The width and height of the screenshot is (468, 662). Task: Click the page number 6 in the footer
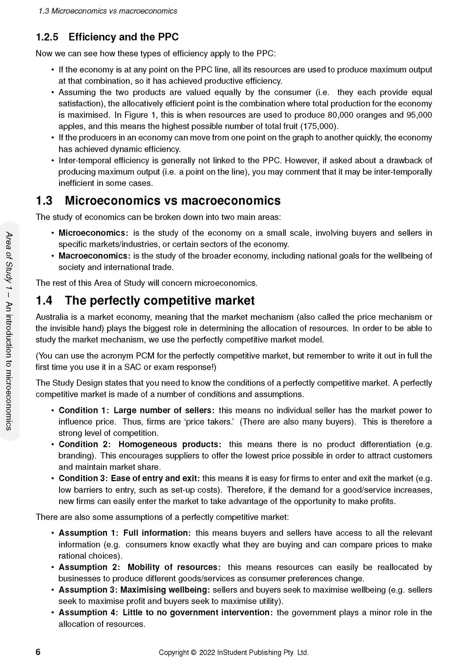pyautogui.click(x=38, y=652)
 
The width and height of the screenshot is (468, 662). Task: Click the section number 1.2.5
pyautogui.click(x=47, y=37)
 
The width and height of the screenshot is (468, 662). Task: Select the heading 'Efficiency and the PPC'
pyautogui.click(x=123, y=37)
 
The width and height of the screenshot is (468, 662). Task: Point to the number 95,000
pyautogui.click(x=419, y=115)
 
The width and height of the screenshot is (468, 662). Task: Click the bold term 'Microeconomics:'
pyautogui.click(x=93, y=233)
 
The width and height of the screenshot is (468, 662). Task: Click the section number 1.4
pyautogui.click(x=44, y=301)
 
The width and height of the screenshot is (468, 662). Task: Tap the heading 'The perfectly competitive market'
pyautogui.click(x=160, y=301)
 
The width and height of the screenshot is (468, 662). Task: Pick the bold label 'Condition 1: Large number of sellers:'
pyautogui.click(x=137, y=411)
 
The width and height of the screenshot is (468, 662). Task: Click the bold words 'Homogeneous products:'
pyautogui.click(x=170, y=445)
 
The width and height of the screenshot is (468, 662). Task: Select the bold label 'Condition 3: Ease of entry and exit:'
pyautogui.click(x=129, y=479)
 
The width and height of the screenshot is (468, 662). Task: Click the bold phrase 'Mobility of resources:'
pyautogui.click(x=174, y=568)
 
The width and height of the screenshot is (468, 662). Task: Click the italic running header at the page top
pyautogui.click(x=108, y=11)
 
